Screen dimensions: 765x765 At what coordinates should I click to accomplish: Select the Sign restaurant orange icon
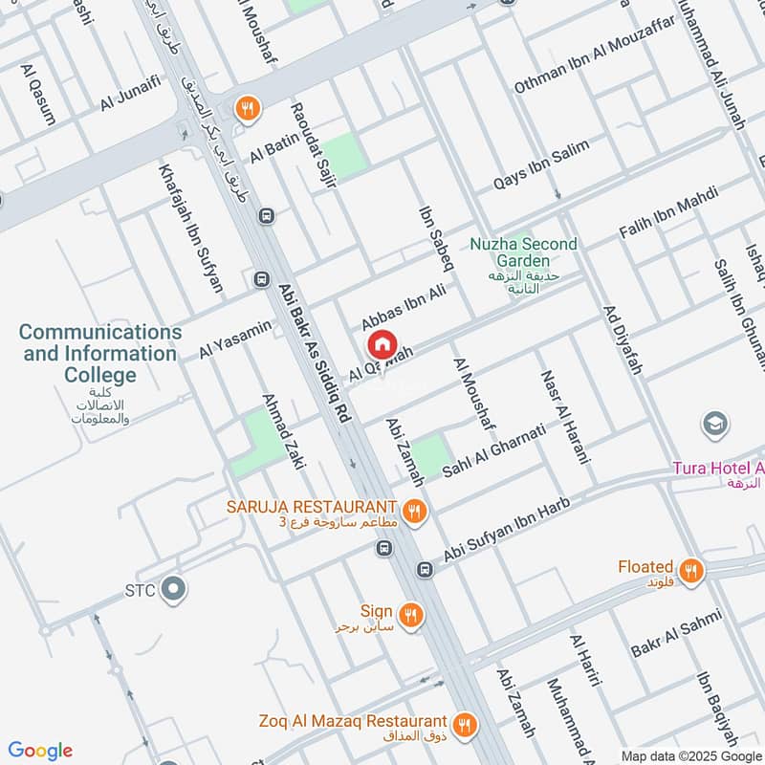pyautogui.click(x=411, y=615)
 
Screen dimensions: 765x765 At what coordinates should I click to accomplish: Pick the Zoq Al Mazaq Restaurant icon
pyautogui.click(x=465, y=725)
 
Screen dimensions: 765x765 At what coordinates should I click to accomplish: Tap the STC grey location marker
pyautogui.click(x=173, y=588)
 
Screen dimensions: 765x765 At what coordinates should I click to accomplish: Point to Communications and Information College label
pyautogui.click(x=99, y=353)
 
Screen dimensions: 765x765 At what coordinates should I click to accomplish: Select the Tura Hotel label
pyautogui.click(x=717, y=469)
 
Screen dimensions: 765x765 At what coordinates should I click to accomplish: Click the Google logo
pyautogui.click(x=40, y=751)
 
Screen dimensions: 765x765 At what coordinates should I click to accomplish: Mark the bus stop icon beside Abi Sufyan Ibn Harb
pyautogui.click(x=425, y=570)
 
